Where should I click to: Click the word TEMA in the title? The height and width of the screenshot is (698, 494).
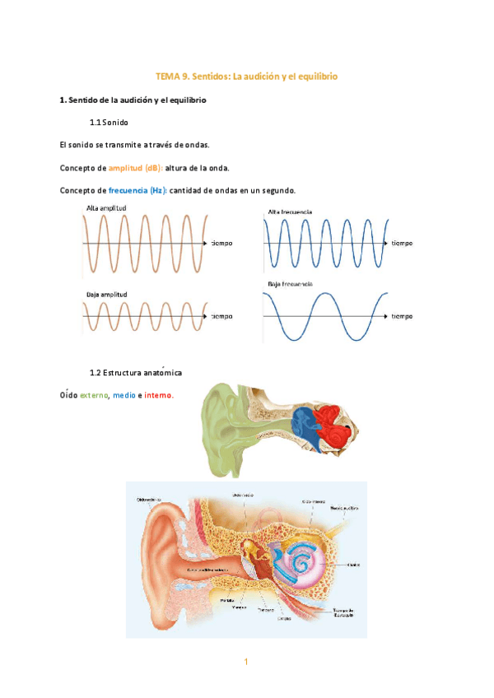[x=167, y=77]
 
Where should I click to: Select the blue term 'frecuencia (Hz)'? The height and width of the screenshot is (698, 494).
[x=137, y=191]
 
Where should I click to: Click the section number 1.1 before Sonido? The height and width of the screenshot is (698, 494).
[x=95, y=123]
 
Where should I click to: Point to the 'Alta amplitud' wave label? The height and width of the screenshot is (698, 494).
[x=106, y=208]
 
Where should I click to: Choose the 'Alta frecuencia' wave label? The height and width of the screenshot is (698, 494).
[x=290, y=212]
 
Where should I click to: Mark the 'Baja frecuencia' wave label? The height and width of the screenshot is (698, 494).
[x=290, y=284]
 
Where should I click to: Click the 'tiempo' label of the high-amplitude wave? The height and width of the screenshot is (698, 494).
[x=221, y=244]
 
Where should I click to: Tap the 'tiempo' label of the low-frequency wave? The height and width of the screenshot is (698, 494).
[x=402, y=316]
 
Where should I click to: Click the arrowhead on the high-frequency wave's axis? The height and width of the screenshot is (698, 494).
[x=385, y=244]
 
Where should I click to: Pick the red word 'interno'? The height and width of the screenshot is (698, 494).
[x=159, y=395]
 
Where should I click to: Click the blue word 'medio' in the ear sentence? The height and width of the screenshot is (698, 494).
[x=124, y=395]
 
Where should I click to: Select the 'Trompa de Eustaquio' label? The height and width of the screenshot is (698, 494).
[x=343, y=612]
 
